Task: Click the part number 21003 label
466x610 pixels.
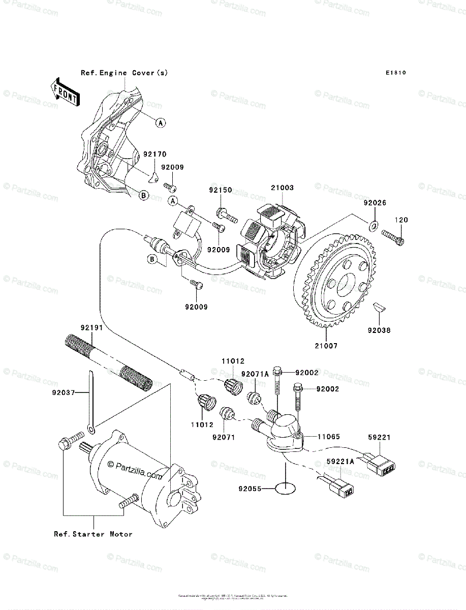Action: point(282,188)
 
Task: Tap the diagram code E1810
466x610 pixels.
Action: point(395,73)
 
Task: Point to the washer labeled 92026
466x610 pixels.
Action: point(374,225)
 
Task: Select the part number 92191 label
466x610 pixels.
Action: point(91,328)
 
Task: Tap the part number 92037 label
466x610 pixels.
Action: point(63,392)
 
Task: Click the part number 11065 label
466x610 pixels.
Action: point(329,437)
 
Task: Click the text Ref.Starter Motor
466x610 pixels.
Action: point(94,534)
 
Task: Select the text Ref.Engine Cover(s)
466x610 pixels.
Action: point(124,73)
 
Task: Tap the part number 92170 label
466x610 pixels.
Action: point(154,154)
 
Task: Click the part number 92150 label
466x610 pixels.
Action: point(220,191)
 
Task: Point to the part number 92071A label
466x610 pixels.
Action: point(255,374)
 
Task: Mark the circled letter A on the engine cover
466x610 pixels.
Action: point(160,123)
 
